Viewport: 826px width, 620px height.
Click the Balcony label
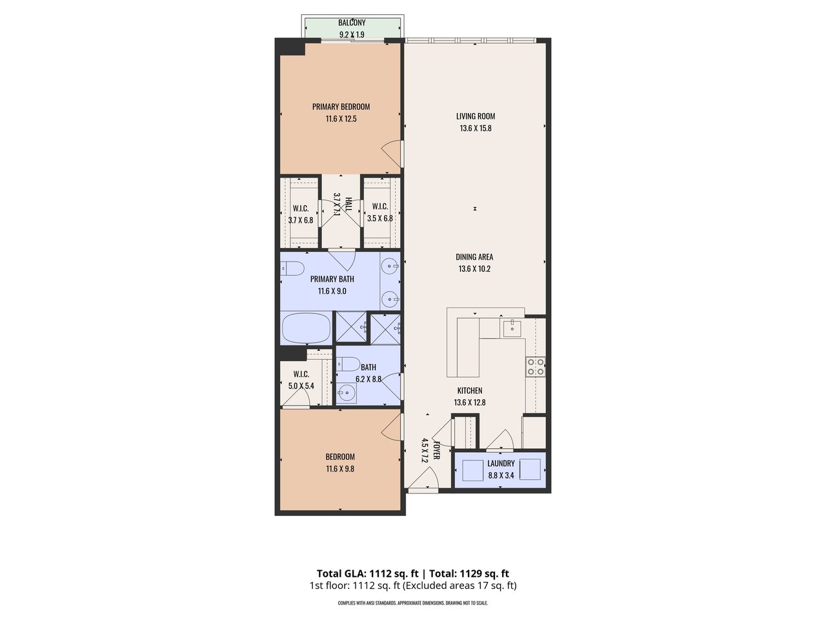coord(352,23)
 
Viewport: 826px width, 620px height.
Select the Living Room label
coord(476,116)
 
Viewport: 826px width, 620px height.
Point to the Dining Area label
coord(475,256)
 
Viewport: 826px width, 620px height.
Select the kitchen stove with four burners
coord(536,366)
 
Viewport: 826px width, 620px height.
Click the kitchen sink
coord(512,328)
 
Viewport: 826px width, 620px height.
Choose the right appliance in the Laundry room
coord(530,470)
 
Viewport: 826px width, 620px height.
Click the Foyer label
coord(436,451)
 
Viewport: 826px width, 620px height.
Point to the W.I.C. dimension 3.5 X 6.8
coord(379,219)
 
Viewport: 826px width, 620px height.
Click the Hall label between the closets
coord(348,205)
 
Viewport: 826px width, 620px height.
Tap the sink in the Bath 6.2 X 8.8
coord(347,393)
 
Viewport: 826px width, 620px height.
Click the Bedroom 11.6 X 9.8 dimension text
coord(340,469)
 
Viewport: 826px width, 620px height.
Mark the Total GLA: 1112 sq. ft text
coord(367,573)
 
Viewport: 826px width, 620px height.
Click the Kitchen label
coord(470,390)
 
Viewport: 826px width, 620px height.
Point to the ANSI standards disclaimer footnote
coord(413,603)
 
